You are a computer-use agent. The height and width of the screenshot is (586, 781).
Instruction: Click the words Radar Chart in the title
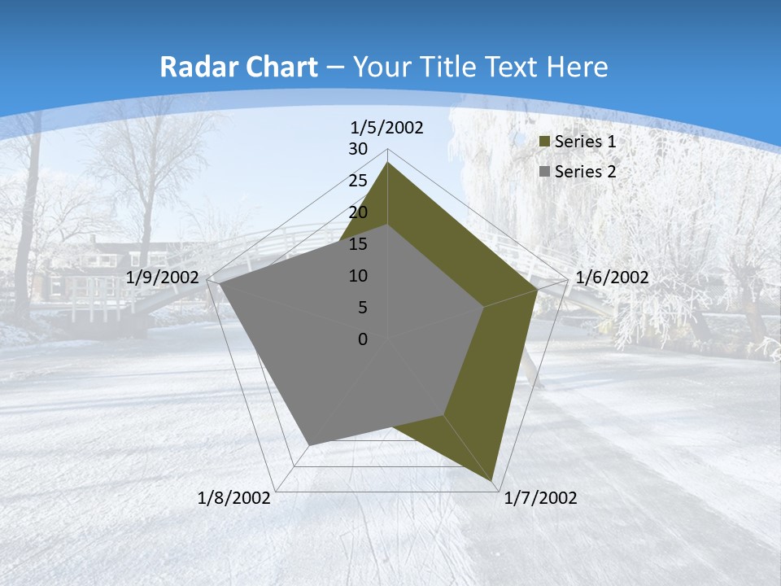239,68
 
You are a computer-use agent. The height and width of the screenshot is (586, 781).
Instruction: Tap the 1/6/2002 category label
612,278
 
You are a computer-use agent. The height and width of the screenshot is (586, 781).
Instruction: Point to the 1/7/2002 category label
541,498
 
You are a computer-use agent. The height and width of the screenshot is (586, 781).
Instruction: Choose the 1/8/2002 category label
234,498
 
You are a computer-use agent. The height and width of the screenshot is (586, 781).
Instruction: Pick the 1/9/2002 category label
163,278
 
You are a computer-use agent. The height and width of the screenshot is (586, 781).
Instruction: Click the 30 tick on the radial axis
358,149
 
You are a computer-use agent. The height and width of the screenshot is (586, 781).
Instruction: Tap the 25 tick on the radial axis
358,181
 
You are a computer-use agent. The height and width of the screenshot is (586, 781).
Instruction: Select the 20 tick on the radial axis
358,212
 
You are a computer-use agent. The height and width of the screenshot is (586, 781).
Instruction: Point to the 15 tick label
358,244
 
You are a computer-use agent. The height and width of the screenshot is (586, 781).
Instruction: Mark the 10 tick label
358,276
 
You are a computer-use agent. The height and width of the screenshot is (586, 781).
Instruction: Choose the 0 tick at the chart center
363,339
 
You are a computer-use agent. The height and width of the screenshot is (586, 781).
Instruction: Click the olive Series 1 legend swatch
545,142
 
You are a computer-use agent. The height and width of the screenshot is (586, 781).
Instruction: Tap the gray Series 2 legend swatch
545,172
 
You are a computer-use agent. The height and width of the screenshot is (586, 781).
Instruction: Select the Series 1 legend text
585,142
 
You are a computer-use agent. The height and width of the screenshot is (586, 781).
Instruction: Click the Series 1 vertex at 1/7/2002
492,480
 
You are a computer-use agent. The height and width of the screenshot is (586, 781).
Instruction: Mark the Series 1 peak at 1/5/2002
387,163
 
